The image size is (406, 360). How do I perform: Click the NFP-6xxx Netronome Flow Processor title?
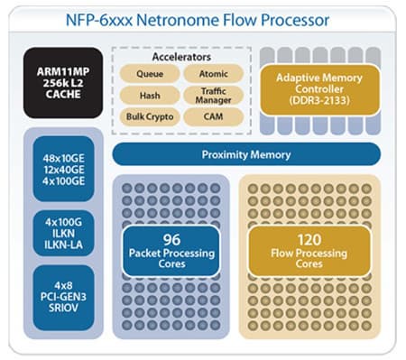[204, 20]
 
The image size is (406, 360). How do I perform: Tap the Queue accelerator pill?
[149, 73]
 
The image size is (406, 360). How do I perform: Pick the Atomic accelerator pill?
[213, 73]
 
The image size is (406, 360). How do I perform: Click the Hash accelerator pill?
[149, 95]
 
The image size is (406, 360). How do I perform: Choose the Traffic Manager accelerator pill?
[213, 95]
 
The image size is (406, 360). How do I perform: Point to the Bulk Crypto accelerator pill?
[149, 116]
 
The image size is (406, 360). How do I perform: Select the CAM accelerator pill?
[213, 116]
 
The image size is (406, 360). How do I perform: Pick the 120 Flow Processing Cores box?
[309, 251]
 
